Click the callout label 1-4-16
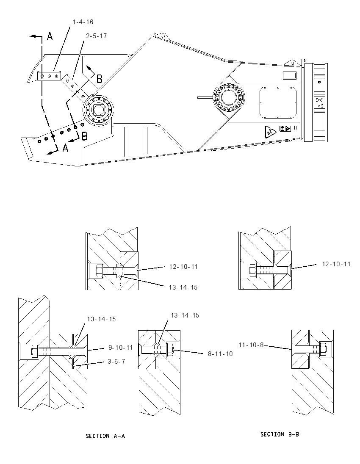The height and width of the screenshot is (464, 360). tap(83, 22)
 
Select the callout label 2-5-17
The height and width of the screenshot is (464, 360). tap(96, 36)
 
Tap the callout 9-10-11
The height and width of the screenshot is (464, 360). tap(120, 348)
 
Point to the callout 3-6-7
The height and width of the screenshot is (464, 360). tap(116, 361)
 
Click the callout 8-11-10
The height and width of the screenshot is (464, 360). tap(220, 354)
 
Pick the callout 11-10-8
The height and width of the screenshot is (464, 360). tap(251, 345)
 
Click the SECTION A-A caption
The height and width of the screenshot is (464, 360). tap(105, 436)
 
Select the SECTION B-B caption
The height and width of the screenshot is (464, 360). tap(280, 434)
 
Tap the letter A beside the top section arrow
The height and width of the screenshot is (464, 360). tap(50, 36)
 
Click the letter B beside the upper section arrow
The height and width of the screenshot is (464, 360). tap(100, 79)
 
